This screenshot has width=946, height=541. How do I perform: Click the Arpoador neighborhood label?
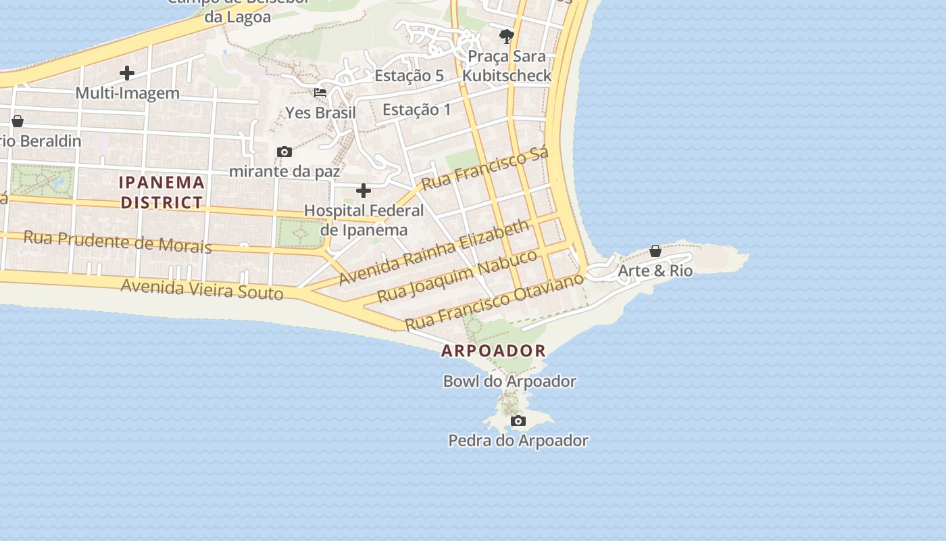click(x=493, y=350)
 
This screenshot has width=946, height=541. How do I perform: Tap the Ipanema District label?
click(x=161, y=192)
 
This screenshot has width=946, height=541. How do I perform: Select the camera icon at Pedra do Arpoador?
click(x=518, y=421)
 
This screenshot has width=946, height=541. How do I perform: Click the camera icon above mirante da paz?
click(x=284, y=151)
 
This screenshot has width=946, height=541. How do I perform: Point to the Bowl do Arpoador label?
click(x=509, y=381)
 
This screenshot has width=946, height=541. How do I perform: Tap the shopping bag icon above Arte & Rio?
click(x=655, y=251)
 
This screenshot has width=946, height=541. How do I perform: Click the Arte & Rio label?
click(x=655, y=271)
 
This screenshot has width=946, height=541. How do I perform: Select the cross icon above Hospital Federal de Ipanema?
click(x=364, y=191)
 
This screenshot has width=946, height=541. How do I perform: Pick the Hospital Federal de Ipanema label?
click(x=364, y=220)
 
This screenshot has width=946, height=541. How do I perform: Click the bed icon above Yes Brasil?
click(x=320, y=93)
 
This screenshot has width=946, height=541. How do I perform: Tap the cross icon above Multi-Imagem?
click(x=127, y=73)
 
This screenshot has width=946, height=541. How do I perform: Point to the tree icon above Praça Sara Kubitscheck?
click(x=506, y=37)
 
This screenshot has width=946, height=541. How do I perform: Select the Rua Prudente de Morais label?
click(x=118, y=241)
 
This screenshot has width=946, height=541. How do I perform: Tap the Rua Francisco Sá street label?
click(x=484, y=168)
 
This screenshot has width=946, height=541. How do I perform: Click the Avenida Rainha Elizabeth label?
click(x=434, y=252)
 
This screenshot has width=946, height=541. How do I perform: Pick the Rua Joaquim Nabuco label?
click(x=457, y=276)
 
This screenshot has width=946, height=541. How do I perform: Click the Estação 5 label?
click(x=409, y=76)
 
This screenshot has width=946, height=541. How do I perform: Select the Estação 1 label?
click(x=416, y=109)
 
